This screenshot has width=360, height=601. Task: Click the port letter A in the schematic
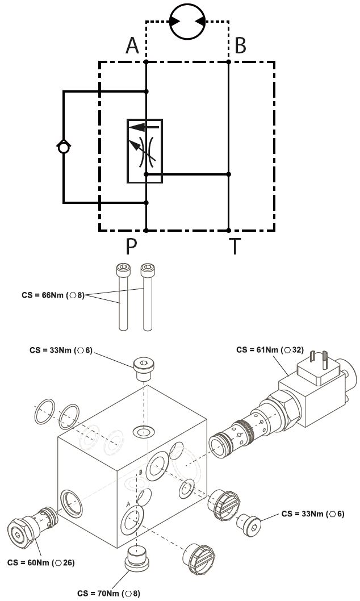132,45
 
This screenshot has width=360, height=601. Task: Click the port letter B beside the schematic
240,45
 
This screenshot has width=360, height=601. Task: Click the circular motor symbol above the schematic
187,21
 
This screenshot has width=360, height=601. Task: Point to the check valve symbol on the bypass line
64,147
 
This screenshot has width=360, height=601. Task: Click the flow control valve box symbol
145,151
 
